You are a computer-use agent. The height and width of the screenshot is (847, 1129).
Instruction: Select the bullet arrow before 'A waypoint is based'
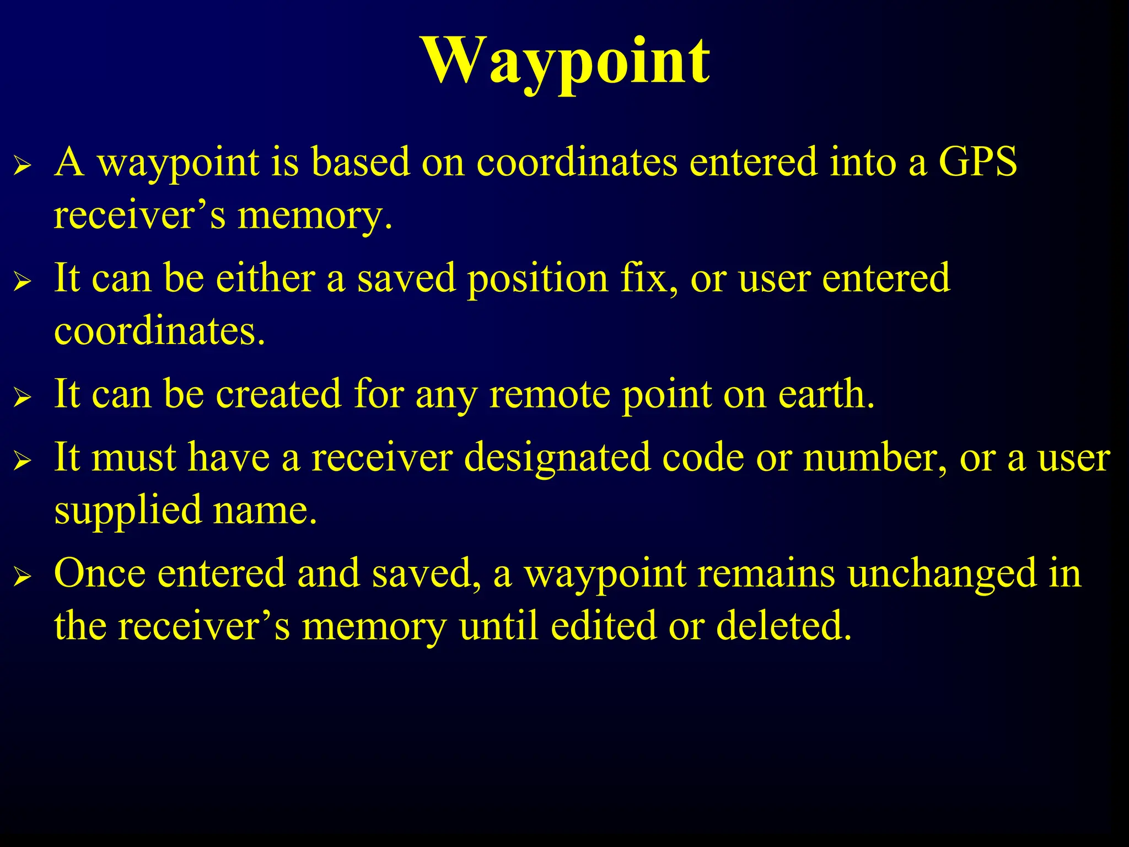tap(22, 165)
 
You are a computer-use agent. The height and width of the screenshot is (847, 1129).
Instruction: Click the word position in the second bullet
tap(537, 278)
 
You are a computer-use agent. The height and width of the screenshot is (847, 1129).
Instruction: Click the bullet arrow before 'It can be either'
tap(22, 281)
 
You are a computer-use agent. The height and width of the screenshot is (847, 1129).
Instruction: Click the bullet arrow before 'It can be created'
tap(22, 397)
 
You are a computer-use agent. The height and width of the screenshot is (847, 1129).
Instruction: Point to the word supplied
tap(128, 511)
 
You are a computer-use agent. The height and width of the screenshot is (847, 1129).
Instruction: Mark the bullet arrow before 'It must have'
tap(22, 460)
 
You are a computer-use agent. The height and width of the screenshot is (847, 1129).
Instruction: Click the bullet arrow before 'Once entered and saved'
tap(22, 576)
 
